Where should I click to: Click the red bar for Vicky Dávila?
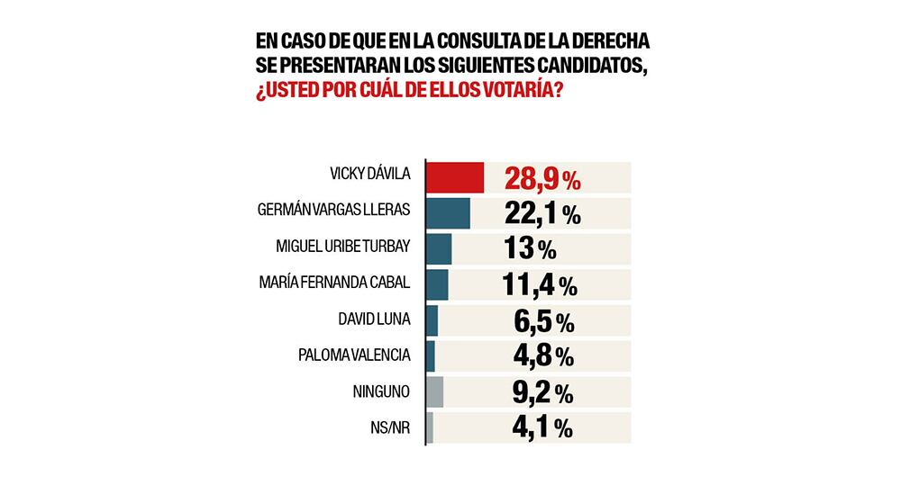(454, 177)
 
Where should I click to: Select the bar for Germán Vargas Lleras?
(447, 213)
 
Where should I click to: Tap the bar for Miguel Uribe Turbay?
(438, 248)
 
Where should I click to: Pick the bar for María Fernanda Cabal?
(436, 284)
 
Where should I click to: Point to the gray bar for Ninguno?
(433, 391)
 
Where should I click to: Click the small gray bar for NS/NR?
(429, 427)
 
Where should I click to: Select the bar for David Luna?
(431, 320)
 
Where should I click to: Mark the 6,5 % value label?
(539, 321)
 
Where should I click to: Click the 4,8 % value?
(539, 356)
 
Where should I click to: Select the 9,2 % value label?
(539, 392)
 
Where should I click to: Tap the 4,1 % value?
(539, 428)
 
